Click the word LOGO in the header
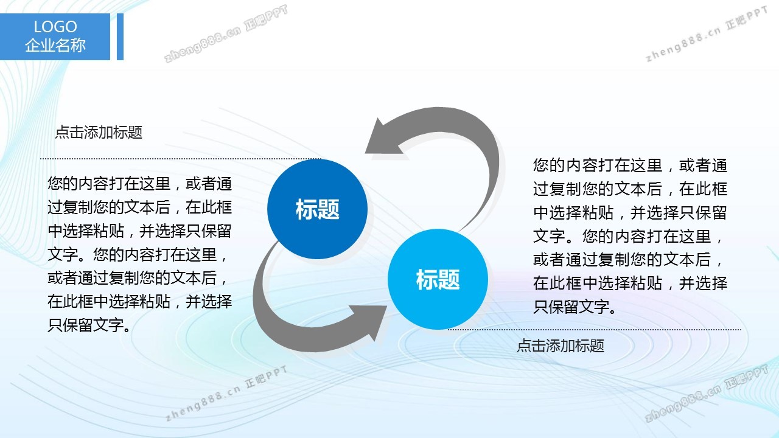point(55,27)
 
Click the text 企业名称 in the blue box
point(55,45)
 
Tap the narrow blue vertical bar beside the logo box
point(120,36)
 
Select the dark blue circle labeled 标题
point(317,209)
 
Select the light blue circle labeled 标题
point(438,279)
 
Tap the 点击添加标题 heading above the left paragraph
point(99,133)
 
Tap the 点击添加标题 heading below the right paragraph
point(561,346)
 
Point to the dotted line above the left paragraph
point(181,159)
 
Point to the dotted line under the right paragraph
point(595,330)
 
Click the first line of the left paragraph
point(139,184)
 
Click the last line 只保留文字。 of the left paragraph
point(89,325)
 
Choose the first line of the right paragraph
point(630,165)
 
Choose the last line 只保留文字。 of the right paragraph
point(575,307)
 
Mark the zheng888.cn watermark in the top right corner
point(707,34)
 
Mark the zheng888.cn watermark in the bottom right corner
point(706,393)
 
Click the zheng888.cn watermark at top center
point(226,33)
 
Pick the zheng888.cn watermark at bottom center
point(226,393)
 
